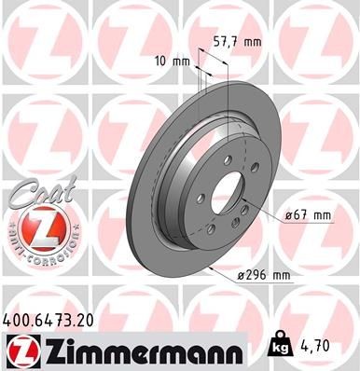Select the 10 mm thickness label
pyautogui.click(x=173, y=61)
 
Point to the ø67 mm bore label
pyautogui.click(x=307, y=215)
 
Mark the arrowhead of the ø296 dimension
pyautogui.click(x=213, y=268)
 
